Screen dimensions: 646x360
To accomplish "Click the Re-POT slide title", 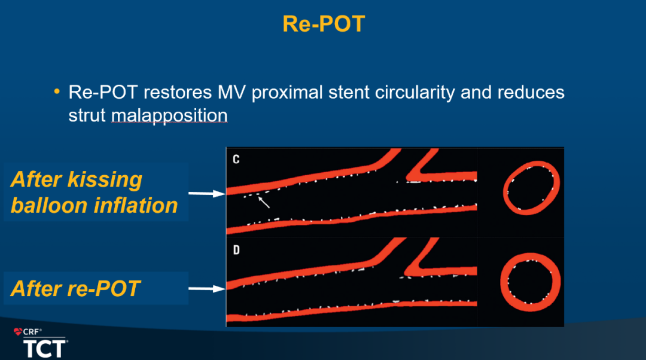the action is tap(324, 24).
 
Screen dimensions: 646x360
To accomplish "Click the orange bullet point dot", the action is tap(57, 91).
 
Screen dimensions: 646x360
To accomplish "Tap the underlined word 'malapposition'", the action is tap(169, 115).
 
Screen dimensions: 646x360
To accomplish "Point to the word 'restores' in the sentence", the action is tap(178, 92).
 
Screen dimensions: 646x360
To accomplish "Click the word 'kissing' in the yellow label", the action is tap(105, 180).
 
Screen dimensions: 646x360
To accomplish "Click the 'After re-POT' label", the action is tap(76, 288).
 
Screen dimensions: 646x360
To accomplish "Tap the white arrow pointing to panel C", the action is tap(207, 193).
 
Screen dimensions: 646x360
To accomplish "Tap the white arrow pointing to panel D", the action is tap(207, 289).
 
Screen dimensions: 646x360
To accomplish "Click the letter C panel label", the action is tap(236, 160).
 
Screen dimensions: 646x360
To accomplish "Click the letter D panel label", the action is tap(236, 250).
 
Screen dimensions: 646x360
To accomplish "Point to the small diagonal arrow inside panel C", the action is tap(264, 202).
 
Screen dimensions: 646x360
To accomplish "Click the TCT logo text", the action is tap(44, 349).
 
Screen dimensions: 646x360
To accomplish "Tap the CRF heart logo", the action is tap(18, 331).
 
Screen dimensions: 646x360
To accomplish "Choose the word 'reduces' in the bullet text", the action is tap(531, 92).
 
